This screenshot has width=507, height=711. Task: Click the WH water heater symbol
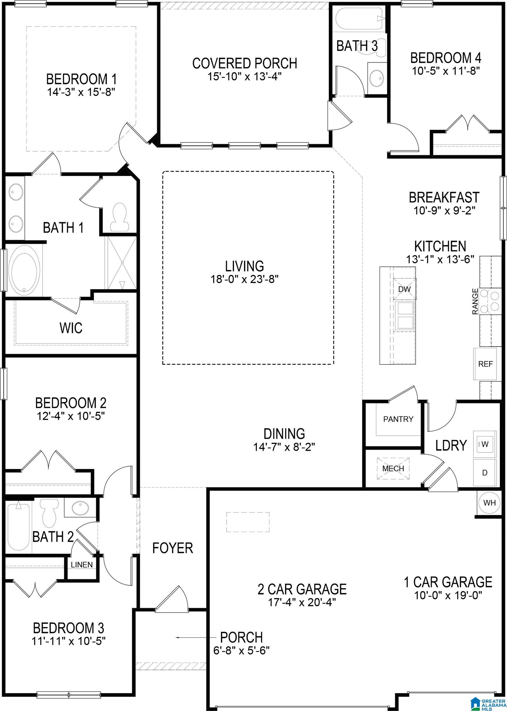click(x=489, y=503)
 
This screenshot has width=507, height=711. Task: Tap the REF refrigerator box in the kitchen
click(x=485, y=364)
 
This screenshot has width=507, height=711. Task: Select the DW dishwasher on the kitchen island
click(x=404, y=289)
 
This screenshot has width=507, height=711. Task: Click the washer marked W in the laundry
click(x=484, y=444)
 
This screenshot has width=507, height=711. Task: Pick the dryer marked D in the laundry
click(x=484, y=473)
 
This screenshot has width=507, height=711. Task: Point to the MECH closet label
click(x=393, y=468)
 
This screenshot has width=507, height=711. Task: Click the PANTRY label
click(x=398, y=419)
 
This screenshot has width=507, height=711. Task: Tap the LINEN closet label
click(x=82, y=565)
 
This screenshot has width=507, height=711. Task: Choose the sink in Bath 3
click(x=377, y=77)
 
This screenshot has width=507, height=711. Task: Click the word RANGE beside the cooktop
click(x=475, y=301)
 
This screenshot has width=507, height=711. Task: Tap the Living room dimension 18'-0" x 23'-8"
click(x=245, y=279)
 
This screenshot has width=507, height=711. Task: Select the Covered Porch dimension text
click(x=245, y=77)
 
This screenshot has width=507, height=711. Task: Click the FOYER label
click(x=173, y=548)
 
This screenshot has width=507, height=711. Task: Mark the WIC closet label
click(x=71, y=328)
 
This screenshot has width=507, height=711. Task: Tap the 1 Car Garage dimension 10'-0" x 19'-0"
click(x=448, y=596)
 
